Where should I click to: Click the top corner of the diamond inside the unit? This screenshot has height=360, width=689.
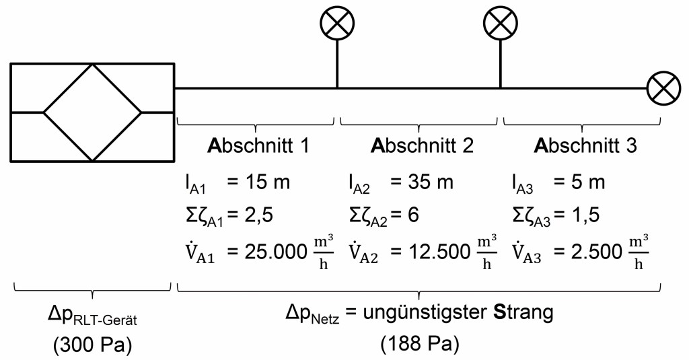click(92, 64)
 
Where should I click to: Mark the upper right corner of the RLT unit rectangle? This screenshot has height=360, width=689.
click(174, 64)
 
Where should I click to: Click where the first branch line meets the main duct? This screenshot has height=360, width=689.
click(337, 88)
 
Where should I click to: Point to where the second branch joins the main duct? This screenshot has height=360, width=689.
click(500, 88)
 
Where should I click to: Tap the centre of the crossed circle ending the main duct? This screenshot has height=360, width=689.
click(664, 88)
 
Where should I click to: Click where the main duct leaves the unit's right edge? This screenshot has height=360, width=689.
click(174, 88)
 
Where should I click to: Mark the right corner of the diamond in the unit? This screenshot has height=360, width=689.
click(141, 112)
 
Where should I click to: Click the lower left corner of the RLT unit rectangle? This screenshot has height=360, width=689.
click(11, 161)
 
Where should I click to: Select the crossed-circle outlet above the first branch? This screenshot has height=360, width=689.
click(337, 22)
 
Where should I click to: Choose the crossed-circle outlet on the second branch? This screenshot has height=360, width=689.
click(500, 22)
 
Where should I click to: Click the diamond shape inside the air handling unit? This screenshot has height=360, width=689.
click(92, 112)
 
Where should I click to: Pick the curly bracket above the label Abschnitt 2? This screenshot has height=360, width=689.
click(419, 124)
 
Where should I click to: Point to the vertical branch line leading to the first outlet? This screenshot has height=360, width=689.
click(337, 64)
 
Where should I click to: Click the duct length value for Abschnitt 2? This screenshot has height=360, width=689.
click(421, 182)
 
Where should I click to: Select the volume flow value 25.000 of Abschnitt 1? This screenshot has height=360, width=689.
click(269, 252)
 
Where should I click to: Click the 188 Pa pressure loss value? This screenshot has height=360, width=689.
click(420, 345)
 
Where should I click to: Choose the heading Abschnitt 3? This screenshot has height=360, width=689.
click(585, 146)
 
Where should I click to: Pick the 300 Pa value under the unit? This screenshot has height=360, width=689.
click(92, 345)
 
